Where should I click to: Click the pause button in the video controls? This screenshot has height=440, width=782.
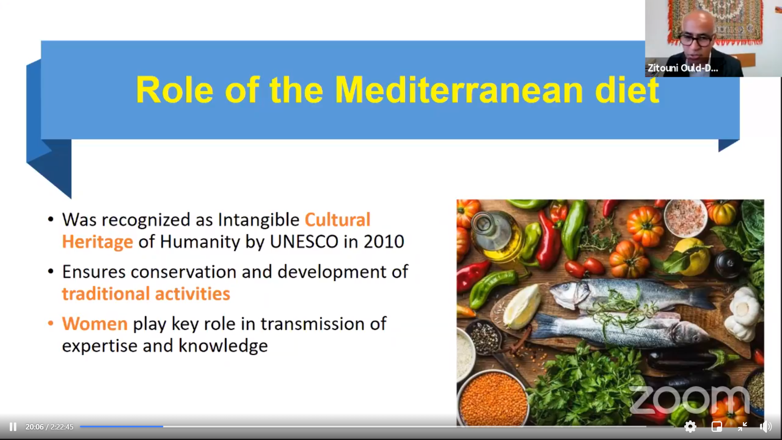coord(13,427)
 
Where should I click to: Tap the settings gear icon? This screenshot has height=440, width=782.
coord(690,427)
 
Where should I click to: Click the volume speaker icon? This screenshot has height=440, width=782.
coord(765,427)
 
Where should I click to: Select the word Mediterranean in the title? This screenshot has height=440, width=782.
coord(459,90)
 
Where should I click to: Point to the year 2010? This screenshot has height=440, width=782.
coord(384,242)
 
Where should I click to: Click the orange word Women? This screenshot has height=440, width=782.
coord(95,324)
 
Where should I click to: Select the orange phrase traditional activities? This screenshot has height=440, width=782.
coord(146,294)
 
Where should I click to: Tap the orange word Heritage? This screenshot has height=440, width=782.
coord(97,242)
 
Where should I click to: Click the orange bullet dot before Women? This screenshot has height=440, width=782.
coord(51,323)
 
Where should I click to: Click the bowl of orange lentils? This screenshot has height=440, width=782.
coord(493,397)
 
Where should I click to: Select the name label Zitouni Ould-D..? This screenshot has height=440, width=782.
coord(683,68)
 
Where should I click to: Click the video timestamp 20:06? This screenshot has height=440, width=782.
coord(34,427)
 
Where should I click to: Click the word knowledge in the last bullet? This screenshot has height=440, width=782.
coord(223,346)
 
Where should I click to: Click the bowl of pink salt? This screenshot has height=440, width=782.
coord(685,217)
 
